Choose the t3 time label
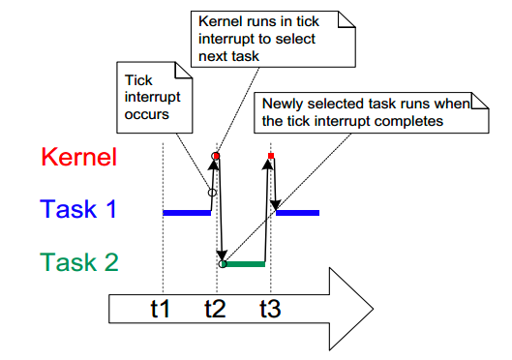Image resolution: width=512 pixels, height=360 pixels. tap(271, 311)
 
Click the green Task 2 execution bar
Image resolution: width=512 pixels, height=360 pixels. tap(244, 263)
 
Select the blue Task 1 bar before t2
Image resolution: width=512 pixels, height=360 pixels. tap(186, 211)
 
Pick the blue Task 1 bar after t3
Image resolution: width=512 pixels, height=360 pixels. tap(298, 211)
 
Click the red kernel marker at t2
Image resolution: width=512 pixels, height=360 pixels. tap(217, 155)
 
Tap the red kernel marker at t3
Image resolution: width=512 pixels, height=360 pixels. tap(271, 155)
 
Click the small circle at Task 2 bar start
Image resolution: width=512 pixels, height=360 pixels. tap(224, 263)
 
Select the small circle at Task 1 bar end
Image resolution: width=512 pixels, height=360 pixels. tap(211, 193)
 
